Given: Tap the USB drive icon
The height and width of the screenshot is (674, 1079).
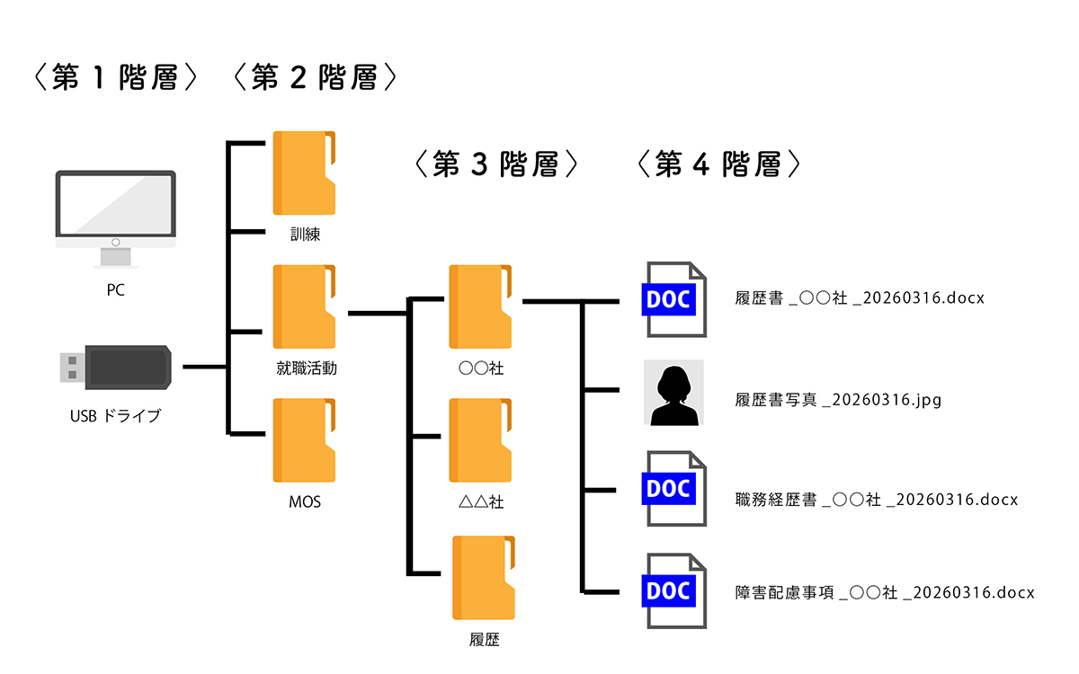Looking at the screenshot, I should [x=115, y=368].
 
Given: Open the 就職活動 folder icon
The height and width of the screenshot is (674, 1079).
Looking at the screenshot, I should [x=305, y=307].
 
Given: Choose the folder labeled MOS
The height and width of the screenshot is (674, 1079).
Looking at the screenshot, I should [x=305, y=441].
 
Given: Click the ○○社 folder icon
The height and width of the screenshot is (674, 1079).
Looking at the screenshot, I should [x=481, y=307].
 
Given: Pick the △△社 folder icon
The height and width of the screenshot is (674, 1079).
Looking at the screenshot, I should [x=481, y=441].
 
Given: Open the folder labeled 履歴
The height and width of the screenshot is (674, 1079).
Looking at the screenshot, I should [x=484, y=579].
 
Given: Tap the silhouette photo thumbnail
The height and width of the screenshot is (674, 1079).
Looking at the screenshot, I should [x=673, y=393].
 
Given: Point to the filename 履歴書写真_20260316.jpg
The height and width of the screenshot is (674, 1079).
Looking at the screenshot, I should [x=838, y=400].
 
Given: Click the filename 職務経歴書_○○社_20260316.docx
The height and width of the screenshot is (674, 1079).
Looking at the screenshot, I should [x=876, y=500].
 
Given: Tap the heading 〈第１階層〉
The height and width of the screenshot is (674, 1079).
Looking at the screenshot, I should [x=116, y=79].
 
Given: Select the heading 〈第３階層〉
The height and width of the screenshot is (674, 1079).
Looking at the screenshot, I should [x=496, y=164].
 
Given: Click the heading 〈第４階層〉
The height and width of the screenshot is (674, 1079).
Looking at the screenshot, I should [x=718, y=164].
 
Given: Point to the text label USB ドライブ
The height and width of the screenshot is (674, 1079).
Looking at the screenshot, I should [x=115, y=416].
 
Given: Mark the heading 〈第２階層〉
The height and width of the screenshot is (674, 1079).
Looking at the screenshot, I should [x=315, y=79].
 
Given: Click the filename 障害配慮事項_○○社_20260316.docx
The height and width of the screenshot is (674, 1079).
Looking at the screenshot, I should [x=885, y=592].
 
